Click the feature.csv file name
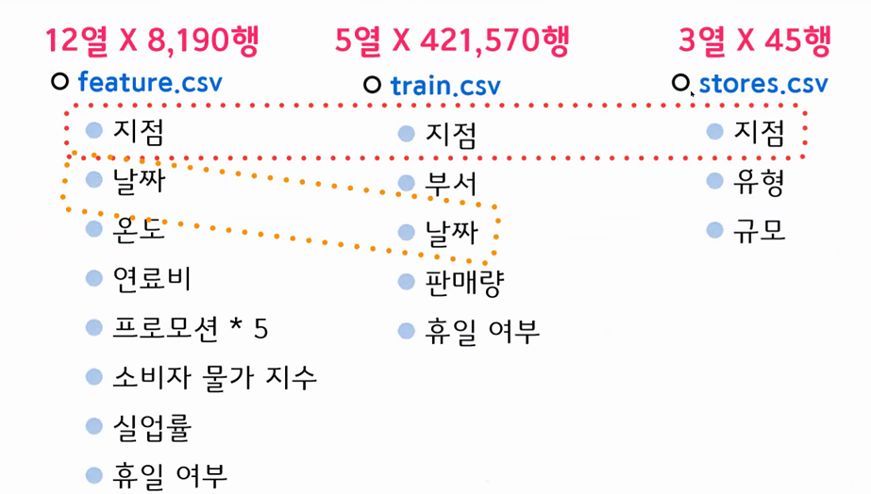(150, 82)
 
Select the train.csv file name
(444, 86)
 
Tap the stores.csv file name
(762, 83)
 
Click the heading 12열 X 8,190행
(152, 41)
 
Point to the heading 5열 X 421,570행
(452, 41)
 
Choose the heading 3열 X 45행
(754, 41)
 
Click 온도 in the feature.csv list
(139, 229)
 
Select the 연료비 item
(152, 278)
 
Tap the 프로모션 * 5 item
(191, 328)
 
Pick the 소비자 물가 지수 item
(214, 378)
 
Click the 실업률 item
(152, 428)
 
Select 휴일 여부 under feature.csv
(170, 475)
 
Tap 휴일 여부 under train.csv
(481, 331)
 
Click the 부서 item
(451, 183)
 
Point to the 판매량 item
(463, 282)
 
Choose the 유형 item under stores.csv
(759, 183)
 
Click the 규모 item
(759, 231)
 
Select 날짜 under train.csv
(451, 233)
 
